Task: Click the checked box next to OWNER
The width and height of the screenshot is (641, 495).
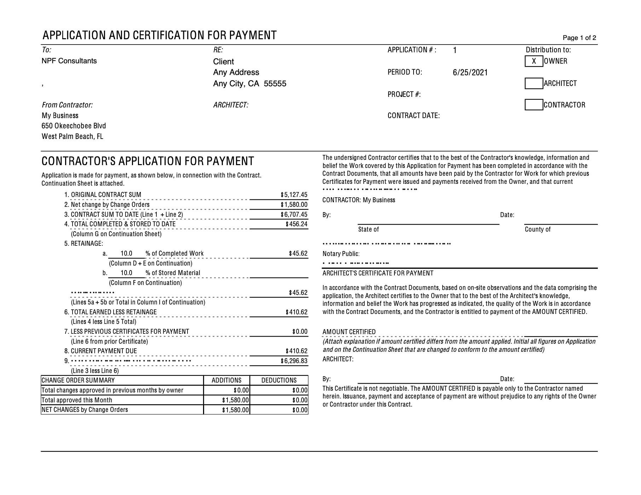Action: pos(534,61)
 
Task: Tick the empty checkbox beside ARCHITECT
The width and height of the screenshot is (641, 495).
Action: pos(534,83)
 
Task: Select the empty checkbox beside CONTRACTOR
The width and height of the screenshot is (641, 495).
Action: pos(534,105)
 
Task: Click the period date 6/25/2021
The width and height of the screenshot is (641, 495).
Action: pos(470,72)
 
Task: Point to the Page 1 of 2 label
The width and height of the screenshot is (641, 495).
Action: pos(579,38)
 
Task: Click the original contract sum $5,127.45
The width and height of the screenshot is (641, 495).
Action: pos(294,195)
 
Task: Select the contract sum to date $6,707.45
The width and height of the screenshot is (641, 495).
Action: pos(294,215)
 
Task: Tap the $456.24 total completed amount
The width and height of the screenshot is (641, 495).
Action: pos(296,224)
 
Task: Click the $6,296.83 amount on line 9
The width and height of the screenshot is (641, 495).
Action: pos(294,361)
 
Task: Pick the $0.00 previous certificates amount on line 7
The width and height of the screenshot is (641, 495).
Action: pos(300,332)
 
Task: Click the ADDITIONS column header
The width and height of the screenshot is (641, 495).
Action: pos(226,380)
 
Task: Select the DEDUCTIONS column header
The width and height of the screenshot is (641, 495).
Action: pos(279,380)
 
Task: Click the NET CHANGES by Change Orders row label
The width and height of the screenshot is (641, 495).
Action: pos(85,410)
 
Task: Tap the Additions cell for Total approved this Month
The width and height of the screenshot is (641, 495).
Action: pos(236,400)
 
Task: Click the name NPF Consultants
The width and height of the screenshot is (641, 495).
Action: pos(69,61)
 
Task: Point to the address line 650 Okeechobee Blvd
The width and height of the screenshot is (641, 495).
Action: pos(74,126)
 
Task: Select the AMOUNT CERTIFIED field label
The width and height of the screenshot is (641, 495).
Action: pos(349,332)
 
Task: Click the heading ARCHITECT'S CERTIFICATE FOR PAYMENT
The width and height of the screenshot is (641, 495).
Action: pos(378,273)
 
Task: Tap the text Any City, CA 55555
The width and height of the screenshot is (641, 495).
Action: pos(249,84)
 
